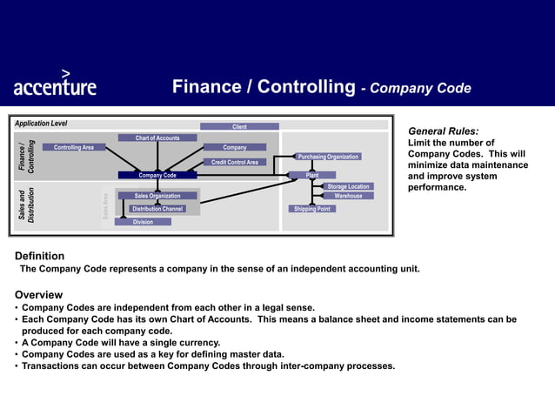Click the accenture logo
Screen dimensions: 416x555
[55, 84]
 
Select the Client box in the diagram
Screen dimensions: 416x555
[239, 127]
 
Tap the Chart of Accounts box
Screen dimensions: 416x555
[157, 138]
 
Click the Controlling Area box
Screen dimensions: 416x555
[74, 147]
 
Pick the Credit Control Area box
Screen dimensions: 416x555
[234, 162]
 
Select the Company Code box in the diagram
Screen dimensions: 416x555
[157, 175]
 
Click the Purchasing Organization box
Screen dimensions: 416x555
[328, 157]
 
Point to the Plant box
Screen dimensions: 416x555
[312, 175]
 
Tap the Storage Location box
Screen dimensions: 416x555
[348, 186]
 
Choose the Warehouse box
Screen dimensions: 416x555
[348, 196]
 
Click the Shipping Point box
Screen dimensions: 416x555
[311, 209]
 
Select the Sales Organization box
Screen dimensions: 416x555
[157, 196]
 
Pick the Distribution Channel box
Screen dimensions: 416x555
[157, 209]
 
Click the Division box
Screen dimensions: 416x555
[143, 222]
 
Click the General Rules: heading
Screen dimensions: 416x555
[443, 131]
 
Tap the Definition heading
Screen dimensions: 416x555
[39, 256]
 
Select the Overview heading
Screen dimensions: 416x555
[38, 294]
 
